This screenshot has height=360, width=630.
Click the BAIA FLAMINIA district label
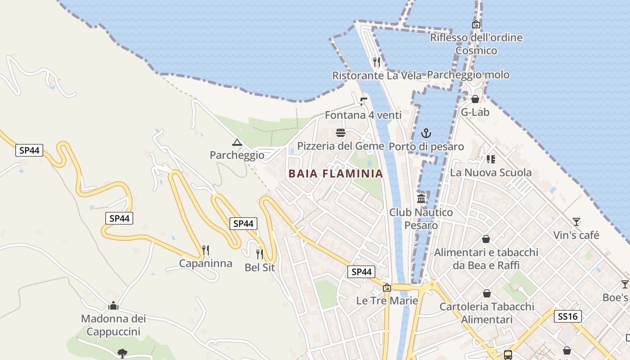pyautogui.click(x=335, y=173)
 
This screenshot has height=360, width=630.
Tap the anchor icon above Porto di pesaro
pyautogui.click(x=426, y=133)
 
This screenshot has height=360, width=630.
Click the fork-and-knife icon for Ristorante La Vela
pyautogui.click(x=377, y=62)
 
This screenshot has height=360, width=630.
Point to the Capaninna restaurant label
pyautogui.click(x=206, y=263)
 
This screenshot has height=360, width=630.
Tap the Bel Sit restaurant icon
pyautogui.click(x=260, y=254)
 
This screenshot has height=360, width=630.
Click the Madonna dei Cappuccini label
pyautogui.click(x=113, y=325)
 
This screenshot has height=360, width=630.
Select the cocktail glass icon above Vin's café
pyautogui.click(x=576, y=221)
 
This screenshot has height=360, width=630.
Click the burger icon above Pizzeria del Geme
pyautogui.click(x=341, y=133)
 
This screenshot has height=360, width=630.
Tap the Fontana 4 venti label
pyautogui.click(x=363, y=115)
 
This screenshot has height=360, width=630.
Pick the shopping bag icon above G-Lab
pyautogui.click(x=475, y=99)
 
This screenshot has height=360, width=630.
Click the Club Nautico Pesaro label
pyautogui.click(x=421, y=218)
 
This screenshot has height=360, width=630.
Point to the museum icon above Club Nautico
pyautogui.click(x=421, y=199)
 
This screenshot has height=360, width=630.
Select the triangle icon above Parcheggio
pyautogui.click(x=237, y=143)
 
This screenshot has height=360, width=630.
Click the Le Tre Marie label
pyautogui.click(x=387, y=301)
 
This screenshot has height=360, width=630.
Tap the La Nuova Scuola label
pyautogui.click(x=490, y=172)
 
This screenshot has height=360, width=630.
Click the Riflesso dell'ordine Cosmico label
pyautogui.click(x=476, y=44)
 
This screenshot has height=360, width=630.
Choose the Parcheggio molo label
pyautogui.click(x=468, y=75)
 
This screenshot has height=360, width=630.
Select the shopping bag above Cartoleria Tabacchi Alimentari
pyautogui.click(x=486, y=294)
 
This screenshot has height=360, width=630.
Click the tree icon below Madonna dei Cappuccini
pyautogui.click(x=122, y=353)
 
